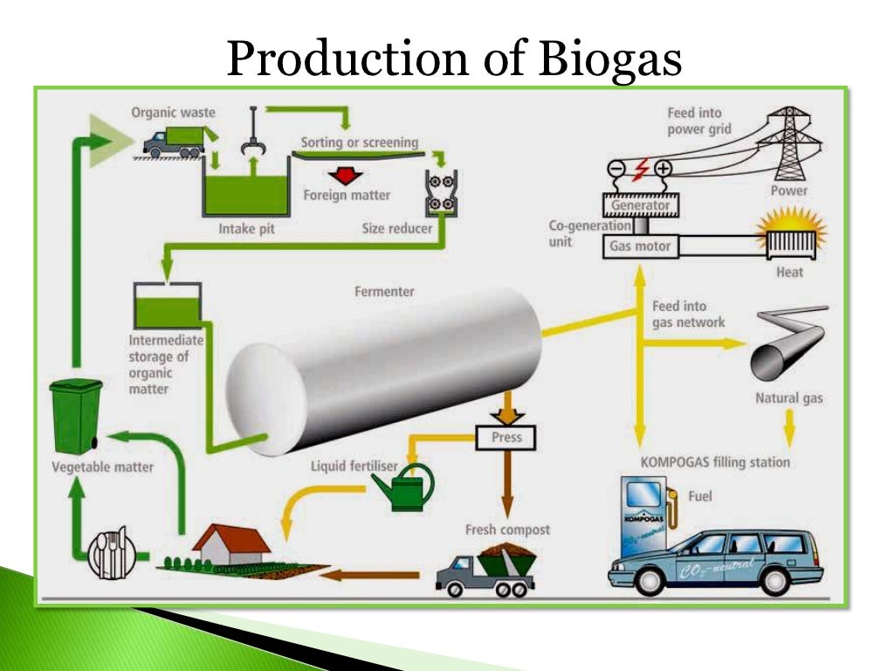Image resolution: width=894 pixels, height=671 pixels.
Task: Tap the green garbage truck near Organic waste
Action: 175,142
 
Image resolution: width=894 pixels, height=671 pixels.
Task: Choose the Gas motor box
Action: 640,246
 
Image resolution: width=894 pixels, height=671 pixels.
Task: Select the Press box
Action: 505,437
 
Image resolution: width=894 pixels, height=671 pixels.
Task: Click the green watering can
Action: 406,489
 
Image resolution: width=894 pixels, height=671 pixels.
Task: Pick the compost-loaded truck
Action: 485,568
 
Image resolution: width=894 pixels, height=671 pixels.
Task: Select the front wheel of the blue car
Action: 656,580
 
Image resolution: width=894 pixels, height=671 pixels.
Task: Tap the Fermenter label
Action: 384,292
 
